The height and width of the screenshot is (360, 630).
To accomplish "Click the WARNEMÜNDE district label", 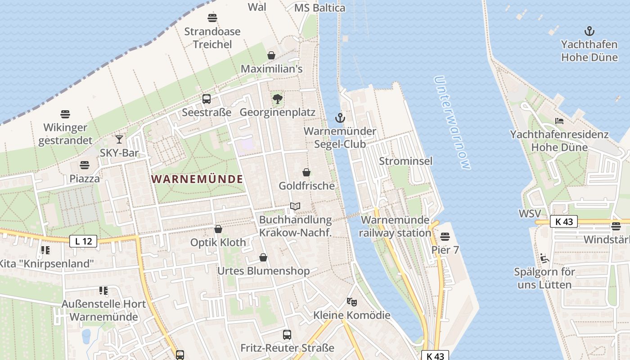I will (197, 179).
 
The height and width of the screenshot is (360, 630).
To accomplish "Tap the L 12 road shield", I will (84, 241).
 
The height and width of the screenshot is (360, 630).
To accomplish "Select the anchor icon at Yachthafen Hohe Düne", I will (589, 31).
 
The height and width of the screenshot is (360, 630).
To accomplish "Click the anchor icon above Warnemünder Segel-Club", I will (340, 118).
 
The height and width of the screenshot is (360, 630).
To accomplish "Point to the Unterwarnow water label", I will (452, 123).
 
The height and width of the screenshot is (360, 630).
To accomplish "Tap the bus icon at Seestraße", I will (207, 99).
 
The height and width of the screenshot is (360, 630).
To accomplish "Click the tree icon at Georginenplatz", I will (277, 99).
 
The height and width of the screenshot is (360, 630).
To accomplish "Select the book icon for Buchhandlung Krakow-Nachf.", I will (295, 206).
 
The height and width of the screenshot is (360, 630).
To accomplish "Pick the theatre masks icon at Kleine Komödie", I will (351, 301).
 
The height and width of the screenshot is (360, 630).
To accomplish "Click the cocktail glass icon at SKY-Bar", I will (119, 139).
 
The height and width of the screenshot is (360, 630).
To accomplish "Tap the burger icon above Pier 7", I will (445, 236).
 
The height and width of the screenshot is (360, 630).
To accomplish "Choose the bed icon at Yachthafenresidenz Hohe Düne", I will (559, 121).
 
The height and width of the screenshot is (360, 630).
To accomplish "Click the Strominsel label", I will (405, 161).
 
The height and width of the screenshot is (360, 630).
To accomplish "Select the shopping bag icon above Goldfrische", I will (306, 172).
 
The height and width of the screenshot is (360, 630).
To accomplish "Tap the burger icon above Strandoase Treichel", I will (212, 18).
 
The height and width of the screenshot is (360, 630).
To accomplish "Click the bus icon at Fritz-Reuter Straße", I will (287, 334).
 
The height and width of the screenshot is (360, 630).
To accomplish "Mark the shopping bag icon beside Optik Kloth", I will (218, 229).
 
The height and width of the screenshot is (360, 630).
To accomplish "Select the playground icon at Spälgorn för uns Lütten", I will (544, 258).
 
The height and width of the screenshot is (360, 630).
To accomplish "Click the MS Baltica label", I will (319, 8).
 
